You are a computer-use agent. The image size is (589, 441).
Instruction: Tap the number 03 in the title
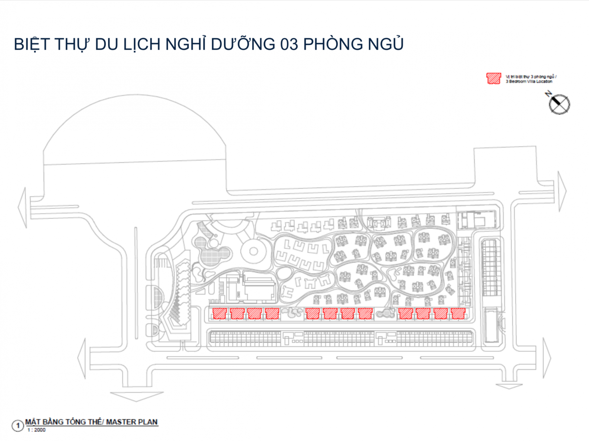click(x=289, y=44)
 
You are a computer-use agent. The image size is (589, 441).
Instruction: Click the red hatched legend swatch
click(x=494, y=78)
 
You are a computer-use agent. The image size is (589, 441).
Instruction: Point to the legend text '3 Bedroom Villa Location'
click(x=529, y=81)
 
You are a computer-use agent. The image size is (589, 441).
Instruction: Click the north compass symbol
click(x=559, y=104)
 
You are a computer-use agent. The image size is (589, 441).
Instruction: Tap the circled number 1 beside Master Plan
click(x=18, y=426)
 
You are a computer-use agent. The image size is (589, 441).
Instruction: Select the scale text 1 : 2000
click(x=36, y=430)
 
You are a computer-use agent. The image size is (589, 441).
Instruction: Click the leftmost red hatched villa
click(x=220, y=313)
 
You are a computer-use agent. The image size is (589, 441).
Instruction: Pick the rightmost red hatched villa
click(x=458, y=313)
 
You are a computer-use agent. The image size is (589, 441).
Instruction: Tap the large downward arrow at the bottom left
click(x=137, y=396)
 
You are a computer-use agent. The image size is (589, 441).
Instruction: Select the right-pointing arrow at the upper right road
click(x=562, y=191)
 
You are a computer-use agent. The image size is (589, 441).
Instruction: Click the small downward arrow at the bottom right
click(x=509, y=386)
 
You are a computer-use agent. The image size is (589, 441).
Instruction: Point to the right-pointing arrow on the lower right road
click(x=547, y=357)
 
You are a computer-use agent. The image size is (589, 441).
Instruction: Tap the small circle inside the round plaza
click(x=253, y=251)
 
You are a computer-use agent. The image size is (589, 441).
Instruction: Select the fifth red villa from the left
click(x=313, y=313)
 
